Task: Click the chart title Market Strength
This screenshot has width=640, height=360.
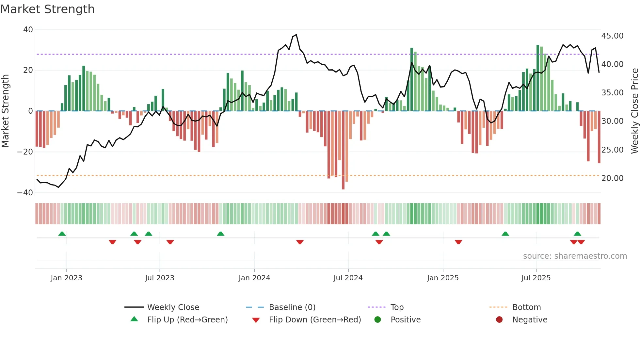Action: coord(47,9)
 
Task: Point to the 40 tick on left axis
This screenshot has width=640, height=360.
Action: coord(28,30)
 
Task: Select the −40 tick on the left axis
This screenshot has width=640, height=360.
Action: coord(25,193)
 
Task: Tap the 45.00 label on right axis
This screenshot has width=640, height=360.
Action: coord(612,36)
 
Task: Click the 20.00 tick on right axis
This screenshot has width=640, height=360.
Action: coord(612,178)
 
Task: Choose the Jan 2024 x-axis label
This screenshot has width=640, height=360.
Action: coord(254,278)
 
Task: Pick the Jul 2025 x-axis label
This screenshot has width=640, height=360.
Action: coord(536,278)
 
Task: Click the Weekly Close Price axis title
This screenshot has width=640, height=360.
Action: coord(634,111)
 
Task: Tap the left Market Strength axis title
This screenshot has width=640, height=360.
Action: coord(6,111)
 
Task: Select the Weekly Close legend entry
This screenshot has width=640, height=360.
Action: coord(173,307)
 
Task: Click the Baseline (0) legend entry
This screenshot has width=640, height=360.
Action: coord(292,307)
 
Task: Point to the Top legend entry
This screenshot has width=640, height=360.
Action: coord(397,307)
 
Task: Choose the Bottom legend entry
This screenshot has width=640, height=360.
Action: coord(526,307)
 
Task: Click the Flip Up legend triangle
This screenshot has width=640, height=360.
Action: coord(134,319)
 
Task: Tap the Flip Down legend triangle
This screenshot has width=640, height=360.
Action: coord(256,320)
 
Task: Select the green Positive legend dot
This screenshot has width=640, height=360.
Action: coord(377,319)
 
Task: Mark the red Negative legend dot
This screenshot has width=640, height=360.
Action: coord(499,319)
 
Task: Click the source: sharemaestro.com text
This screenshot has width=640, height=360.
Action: coord(575,256)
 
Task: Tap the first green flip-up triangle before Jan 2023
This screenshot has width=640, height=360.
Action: coord(62,234)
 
